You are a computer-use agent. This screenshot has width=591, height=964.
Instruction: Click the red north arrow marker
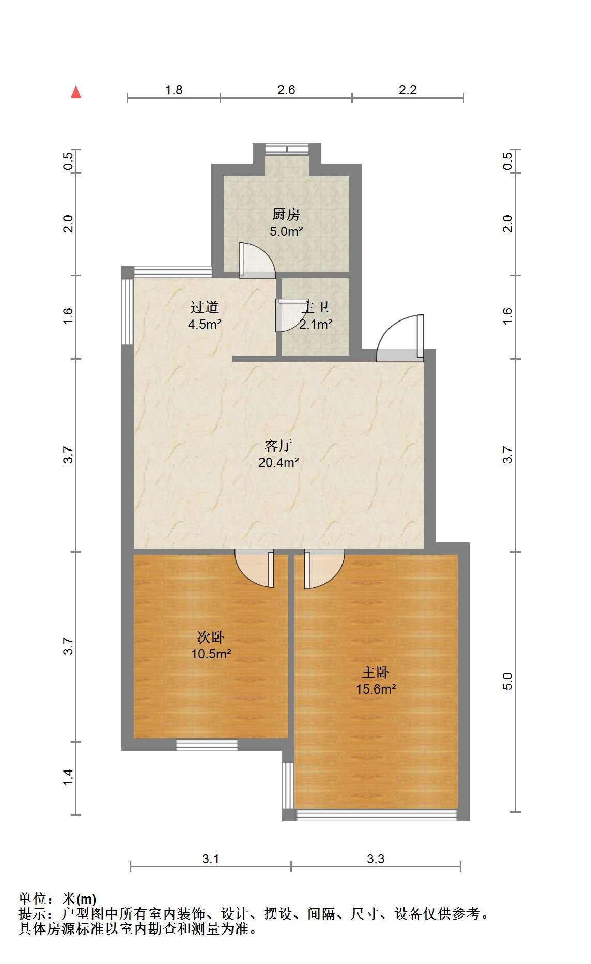click(76, 92)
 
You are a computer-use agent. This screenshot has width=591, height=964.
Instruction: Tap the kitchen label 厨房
click(286, 214)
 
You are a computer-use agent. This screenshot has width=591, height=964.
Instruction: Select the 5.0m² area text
click(286, 231)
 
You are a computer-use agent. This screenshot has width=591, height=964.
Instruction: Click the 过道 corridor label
click(205, 308)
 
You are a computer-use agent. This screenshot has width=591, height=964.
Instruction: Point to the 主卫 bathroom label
click(315, 308)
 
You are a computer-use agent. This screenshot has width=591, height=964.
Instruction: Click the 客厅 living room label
click(278, 445)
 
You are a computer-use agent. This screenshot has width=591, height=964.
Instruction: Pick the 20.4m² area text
click(278, 462)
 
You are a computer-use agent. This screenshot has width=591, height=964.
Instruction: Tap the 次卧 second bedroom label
click(211, 637)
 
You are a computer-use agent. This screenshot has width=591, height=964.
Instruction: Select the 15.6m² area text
click(376, 689)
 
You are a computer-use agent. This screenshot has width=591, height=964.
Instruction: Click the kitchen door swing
click(257, 261)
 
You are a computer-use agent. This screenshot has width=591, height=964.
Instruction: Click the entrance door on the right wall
click(400, 338)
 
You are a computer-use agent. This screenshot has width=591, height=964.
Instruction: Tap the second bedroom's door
click(254, 568)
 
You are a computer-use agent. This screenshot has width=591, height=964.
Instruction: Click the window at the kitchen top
click(287, 149)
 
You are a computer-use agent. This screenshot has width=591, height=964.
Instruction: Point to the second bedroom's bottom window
click(207, 745)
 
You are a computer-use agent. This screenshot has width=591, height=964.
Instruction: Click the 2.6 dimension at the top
click(286, 90)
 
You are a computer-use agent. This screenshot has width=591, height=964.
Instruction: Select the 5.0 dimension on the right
click(508, 681)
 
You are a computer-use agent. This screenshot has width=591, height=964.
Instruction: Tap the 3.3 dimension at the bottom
click(376, 859)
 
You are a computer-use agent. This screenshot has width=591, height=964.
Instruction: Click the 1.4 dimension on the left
click(68, 778)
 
